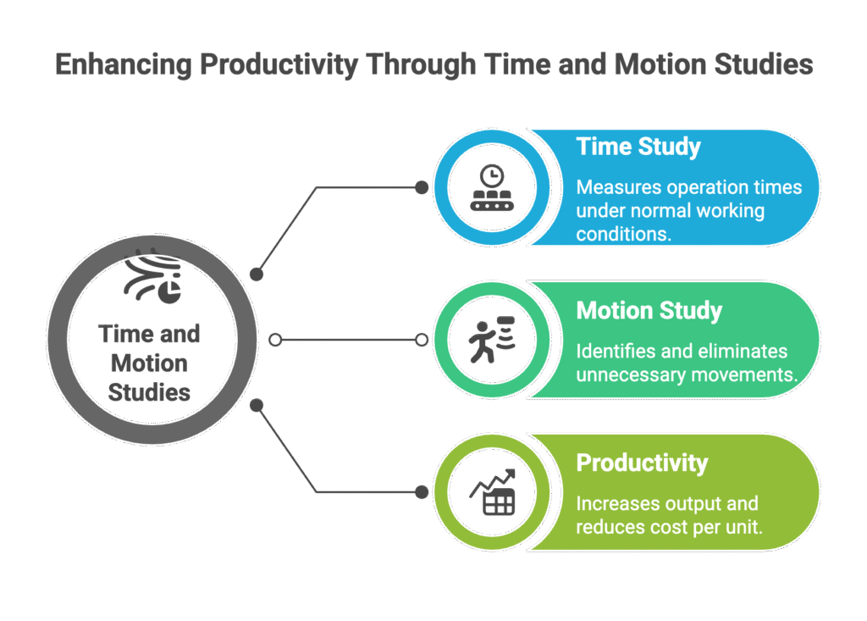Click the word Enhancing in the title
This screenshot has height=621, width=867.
click(x=123, y=64)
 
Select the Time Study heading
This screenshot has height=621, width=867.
click(x=638, y=147)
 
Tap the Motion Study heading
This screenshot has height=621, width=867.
click(x=649, y=310)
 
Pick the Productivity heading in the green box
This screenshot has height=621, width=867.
click(x=642, y=463)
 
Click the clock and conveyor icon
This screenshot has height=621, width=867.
click(x=492, y=187)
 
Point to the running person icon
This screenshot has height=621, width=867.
click(x=492, y=339)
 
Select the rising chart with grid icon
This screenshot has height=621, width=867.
click(x=492, y=492)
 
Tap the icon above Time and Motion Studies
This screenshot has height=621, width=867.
click(x=152, y=275)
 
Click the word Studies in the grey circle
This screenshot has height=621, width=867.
click(x=149, y=392)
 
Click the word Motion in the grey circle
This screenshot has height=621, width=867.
click(x=149, y=363)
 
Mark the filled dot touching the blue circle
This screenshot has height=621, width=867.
click(x=422, y=187)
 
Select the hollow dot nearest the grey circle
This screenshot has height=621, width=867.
click(x=275, y=340)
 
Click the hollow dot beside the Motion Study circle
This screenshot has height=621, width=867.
click(x=422, y=340)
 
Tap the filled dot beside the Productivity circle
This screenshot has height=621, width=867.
click(x=422, y=492)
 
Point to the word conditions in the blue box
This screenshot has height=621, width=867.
click(x=624, y=234)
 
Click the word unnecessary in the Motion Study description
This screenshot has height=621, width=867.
click(x=632, y=375)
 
